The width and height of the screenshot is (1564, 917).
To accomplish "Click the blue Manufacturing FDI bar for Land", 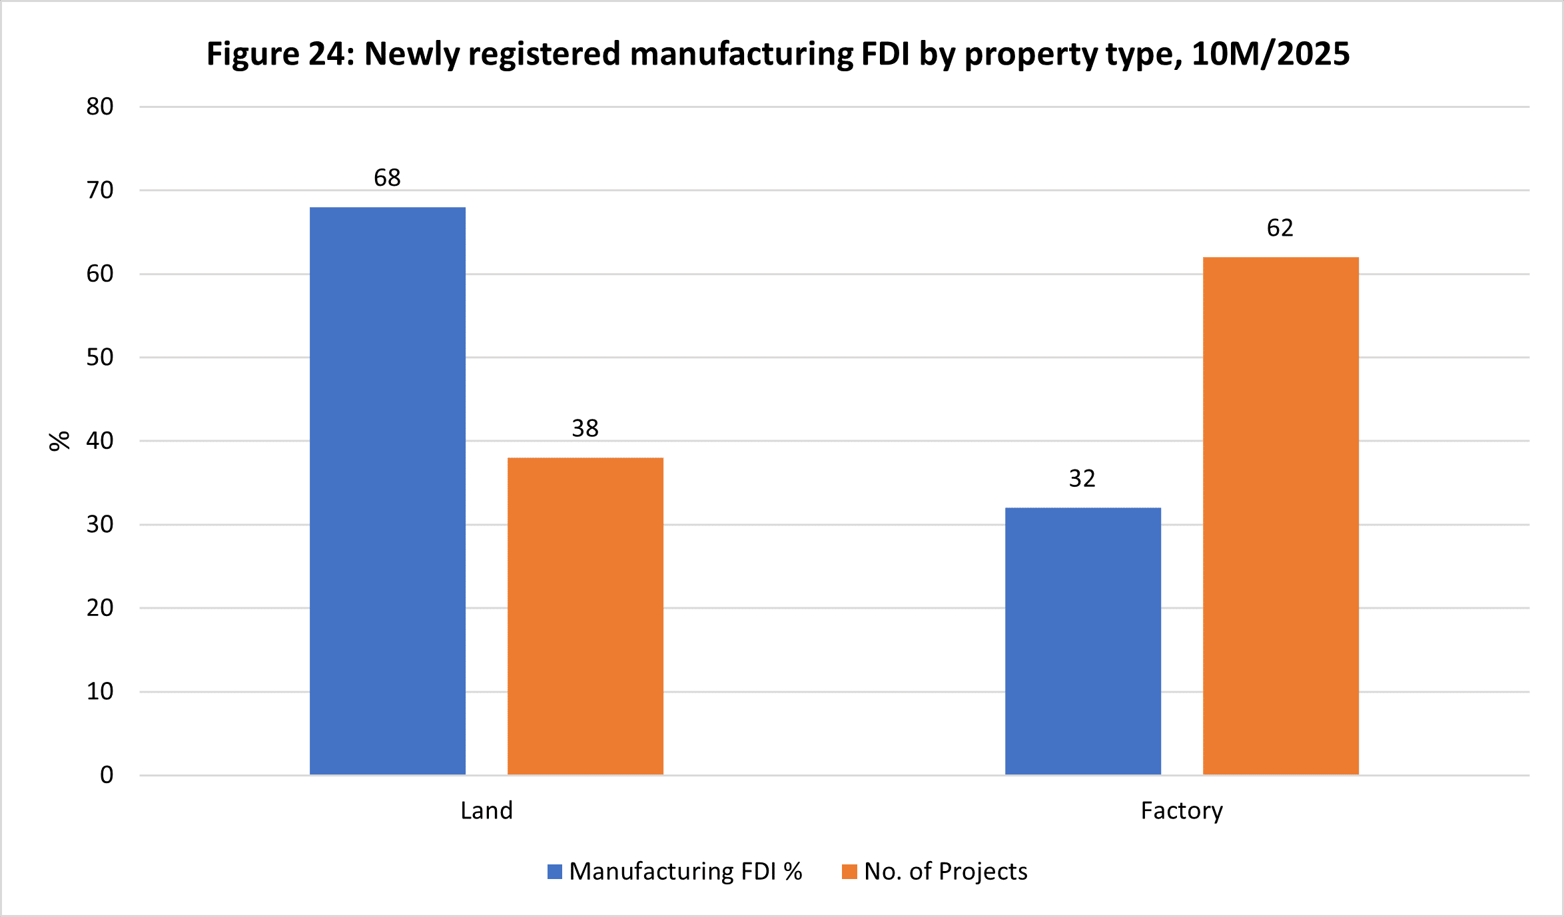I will pos(388,491).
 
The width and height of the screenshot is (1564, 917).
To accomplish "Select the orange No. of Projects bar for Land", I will pos(586,616).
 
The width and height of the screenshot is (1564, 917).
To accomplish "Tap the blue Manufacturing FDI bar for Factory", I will pos(1083,641).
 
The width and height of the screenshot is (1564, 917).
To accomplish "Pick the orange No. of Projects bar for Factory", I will pos(1281,515).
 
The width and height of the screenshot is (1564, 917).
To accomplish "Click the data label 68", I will pos(387,178).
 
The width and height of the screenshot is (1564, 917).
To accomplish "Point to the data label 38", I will pos(585,428).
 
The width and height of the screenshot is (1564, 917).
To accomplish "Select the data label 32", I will pos(1082,479).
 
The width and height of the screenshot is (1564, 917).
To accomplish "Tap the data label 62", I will pos(1280,228).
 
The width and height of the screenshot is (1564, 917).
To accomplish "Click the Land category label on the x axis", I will pos(487,810).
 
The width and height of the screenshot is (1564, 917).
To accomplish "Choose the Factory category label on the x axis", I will pos(1182,810).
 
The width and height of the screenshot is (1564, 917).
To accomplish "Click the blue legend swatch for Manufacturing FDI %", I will pos(555,872).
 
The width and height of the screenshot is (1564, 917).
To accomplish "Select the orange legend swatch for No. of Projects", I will pos(849,872).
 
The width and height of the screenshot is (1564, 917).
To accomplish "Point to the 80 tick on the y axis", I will pos(100,107).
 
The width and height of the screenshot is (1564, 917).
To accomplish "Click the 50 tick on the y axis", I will pos(100,358).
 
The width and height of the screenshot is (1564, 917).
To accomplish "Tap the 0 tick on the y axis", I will pos(107,775).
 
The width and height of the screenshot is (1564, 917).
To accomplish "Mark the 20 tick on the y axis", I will pos(100,608).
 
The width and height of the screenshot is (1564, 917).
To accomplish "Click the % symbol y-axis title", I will pos(59,441).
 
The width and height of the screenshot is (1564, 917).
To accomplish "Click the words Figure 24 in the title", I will pos(279,54).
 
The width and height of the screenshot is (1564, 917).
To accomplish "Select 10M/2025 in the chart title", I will pos(1270,54).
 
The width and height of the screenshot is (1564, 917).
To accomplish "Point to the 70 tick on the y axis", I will pos(100,190).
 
